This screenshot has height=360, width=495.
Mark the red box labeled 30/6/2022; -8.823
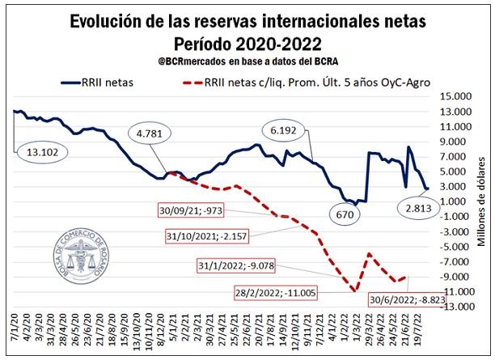point(405,297)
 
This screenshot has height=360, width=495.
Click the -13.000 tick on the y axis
point(458,307)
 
